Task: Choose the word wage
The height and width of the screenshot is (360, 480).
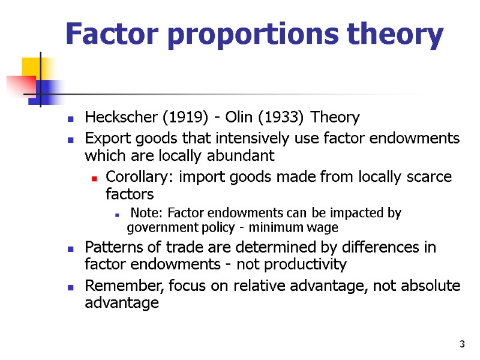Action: tap(324, 227)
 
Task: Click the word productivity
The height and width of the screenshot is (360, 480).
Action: tap(308, 265)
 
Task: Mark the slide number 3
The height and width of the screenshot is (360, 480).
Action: tap(461, 344)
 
